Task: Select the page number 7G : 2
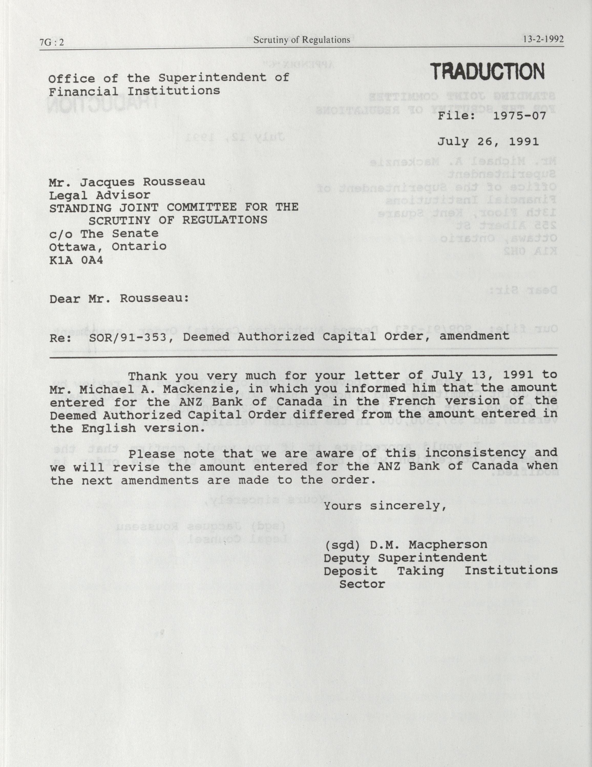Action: point(52,42)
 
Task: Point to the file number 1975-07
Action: point(520,116)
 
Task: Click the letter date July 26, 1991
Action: point(488,142)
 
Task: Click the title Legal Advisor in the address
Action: point(100,195)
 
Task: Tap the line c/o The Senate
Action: point(104,234)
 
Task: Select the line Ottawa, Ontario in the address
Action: point(108,246)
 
